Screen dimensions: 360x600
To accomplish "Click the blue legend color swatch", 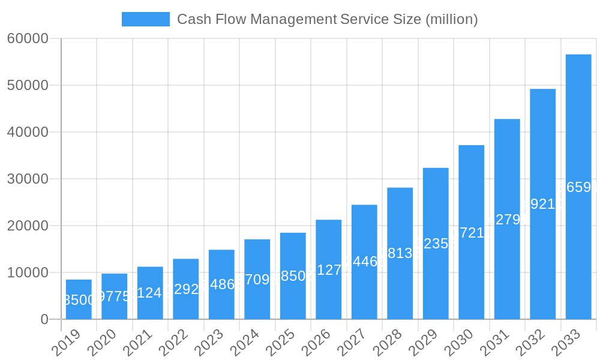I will tap(145, 19).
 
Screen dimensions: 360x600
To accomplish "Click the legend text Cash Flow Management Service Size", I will tap(328, 19).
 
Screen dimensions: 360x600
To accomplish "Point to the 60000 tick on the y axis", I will tap(28, 38).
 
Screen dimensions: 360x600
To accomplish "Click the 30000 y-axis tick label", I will tap(28, 179).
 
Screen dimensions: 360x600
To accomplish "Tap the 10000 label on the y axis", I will tap(28, 272).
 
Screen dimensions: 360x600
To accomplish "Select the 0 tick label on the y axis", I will tap(44, 319).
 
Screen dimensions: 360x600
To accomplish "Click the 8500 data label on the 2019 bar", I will tap(79, 300).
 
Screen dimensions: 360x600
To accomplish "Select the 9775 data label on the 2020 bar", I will tap(114, 296).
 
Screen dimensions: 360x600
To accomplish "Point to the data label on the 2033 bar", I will tap(578, 187).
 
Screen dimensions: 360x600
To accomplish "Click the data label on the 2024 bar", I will tap(257, 280).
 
